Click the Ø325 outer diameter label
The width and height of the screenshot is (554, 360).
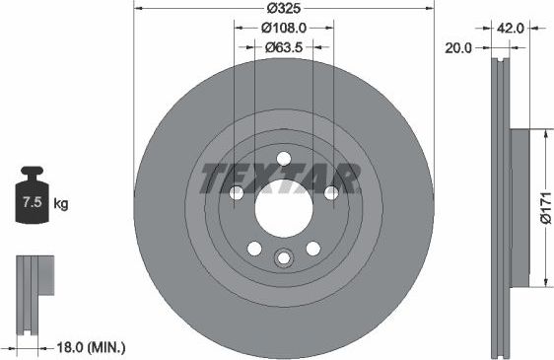283,9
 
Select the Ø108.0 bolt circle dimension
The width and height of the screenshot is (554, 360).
283,29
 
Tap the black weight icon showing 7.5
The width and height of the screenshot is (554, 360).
33,202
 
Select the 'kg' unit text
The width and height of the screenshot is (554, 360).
61,205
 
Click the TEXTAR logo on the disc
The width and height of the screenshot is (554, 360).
281,179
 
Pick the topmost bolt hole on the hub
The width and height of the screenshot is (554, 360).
283,159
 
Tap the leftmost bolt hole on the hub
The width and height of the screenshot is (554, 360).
237,192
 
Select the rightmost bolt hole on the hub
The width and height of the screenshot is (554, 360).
330,192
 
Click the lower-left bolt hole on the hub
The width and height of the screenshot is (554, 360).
254,248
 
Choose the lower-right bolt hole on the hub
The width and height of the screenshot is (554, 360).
312,248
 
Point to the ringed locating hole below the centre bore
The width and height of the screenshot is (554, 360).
283,258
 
